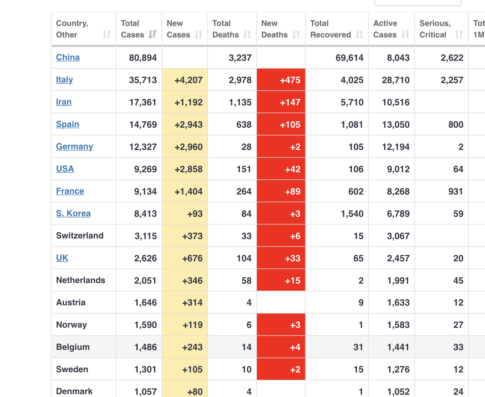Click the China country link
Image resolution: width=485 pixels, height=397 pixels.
tap(68, 57)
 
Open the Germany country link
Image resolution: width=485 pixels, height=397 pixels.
tap(74, 146)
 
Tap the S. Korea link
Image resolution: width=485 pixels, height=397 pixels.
tap(73, 213)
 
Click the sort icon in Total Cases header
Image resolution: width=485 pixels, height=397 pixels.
tap(153, 34)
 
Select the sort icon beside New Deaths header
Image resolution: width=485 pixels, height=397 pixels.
tap(296, 34)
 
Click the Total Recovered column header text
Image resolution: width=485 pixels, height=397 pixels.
tap(330, 29)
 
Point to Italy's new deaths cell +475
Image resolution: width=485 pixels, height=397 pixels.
tap(290, 80)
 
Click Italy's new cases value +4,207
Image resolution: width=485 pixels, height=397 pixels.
tap(188, 80)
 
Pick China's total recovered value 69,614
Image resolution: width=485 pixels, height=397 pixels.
tap(349, 58)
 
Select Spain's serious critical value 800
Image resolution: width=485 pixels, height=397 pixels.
tap(455, 124)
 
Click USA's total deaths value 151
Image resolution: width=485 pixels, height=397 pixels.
tap(244, 169)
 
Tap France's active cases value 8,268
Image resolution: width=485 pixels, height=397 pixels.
tap(398, 191)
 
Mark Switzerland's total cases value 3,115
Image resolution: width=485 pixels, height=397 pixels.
tap(145, 236)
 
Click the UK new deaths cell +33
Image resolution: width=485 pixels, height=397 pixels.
tap(293, 258)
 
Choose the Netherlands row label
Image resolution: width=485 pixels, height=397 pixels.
tap(80, 280)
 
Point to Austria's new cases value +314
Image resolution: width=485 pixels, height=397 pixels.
tap(192, 302)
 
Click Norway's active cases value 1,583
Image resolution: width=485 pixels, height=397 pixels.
tap(398, 325)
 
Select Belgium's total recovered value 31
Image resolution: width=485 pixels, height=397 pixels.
tap(358, 347)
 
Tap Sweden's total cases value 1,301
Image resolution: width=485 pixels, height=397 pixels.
tap(145, 369)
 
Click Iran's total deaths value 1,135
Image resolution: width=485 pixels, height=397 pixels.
tap(240, 102)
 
